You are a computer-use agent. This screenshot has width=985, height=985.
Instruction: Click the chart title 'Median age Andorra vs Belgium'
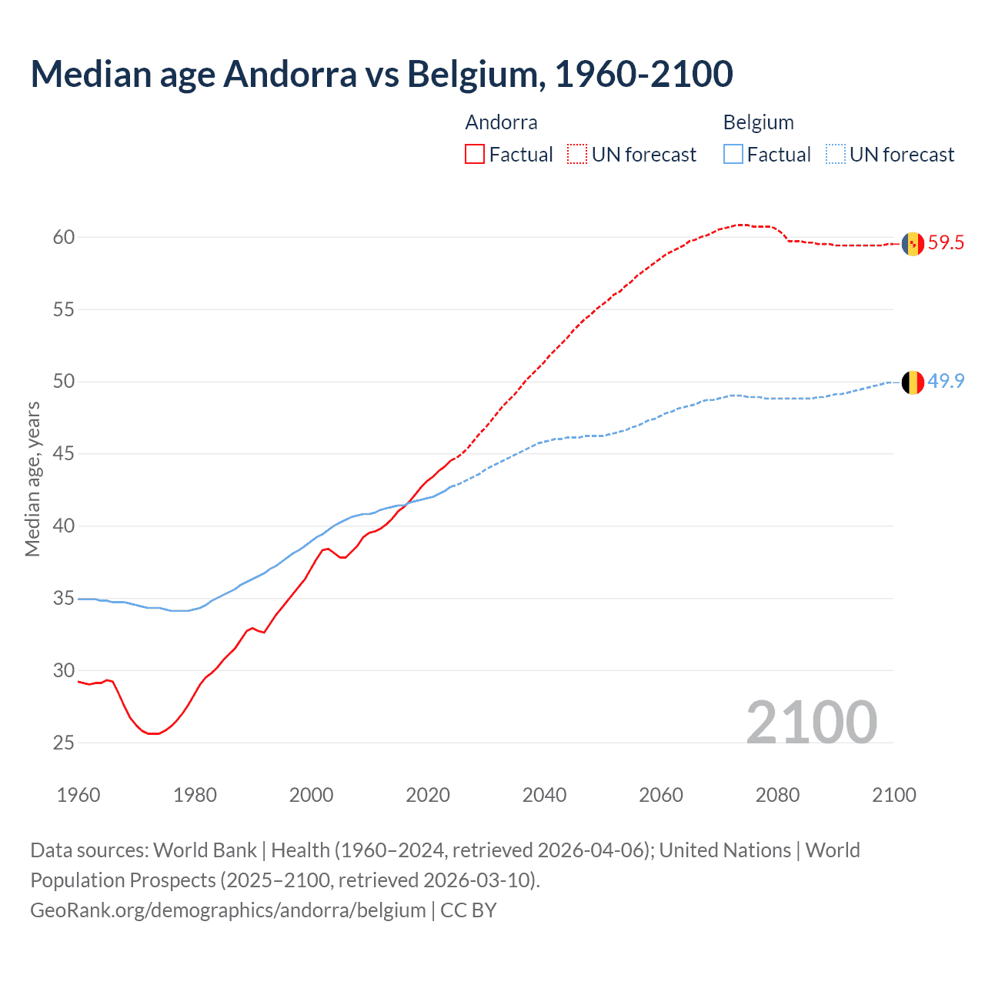(381, 74)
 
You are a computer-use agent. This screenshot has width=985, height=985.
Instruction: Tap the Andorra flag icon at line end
(913, 243)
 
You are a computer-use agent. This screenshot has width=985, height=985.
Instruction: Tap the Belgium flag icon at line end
(913, 382)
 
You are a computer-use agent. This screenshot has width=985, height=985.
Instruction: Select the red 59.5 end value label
(946, 243)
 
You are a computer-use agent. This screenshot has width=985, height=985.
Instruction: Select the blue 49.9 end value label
(946, 382)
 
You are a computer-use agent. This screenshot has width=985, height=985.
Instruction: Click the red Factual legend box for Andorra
(475, 155)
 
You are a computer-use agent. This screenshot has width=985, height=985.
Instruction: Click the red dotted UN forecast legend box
(577, 155)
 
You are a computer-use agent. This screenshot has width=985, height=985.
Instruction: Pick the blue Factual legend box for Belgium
(733, 155)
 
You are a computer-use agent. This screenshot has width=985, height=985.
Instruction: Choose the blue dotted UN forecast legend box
(836, 155)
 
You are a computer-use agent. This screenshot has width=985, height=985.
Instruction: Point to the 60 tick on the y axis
(64, 237)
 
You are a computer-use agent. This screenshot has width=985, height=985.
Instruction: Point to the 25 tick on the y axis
(64, 743)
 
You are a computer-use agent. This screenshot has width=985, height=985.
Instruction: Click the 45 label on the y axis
(64, 454)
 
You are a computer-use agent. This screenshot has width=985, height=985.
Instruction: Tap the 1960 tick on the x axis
(78, 795)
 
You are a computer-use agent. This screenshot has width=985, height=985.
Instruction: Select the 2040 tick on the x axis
(544, 795)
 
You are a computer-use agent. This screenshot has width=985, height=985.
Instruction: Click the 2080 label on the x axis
(777, 795)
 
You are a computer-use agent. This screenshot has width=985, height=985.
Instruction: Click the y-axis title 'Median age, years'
(32, 479)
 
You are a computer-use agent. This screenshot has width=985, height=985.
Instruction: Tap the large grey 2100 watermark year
(811, 722)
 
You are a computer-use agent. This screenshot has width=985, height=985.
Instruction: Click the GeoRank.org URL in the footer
(228, 910)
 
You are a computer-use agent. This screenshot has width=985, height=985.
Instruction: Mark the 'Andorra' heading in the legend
(501, 122)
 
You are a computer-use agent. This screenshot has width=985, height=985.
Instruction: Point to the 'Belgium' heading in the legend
(758, 122)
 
